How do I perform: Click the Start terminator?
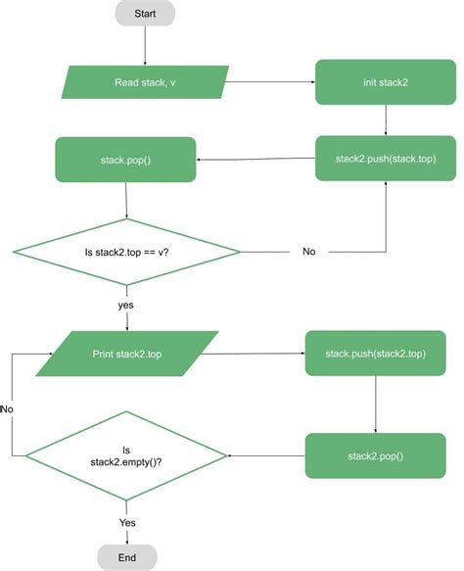point(145,13)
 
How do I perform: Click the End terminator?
point(127,556)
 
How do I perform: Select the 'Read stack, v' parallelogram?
point(145,81)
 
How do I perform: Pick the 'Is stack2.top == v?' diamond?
point(127,252)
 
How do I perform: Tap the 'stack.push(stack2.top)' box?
point(377,354)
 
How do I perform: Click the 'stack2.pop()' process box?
point(377,456)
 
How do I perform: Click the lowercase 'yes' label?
point(126,305)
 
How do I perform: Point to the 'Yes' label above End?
point(127,523)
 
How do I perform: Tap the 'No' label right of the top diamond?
point(309,252)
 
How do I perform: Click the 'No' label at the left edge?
point(7,407)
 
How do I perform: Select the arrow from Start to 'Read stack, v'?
point(145,45)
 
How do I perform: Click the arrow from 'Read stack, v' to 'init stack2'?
point(271,81)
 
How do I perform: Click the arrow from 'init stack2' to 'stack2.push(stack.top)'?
point(387,119)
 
